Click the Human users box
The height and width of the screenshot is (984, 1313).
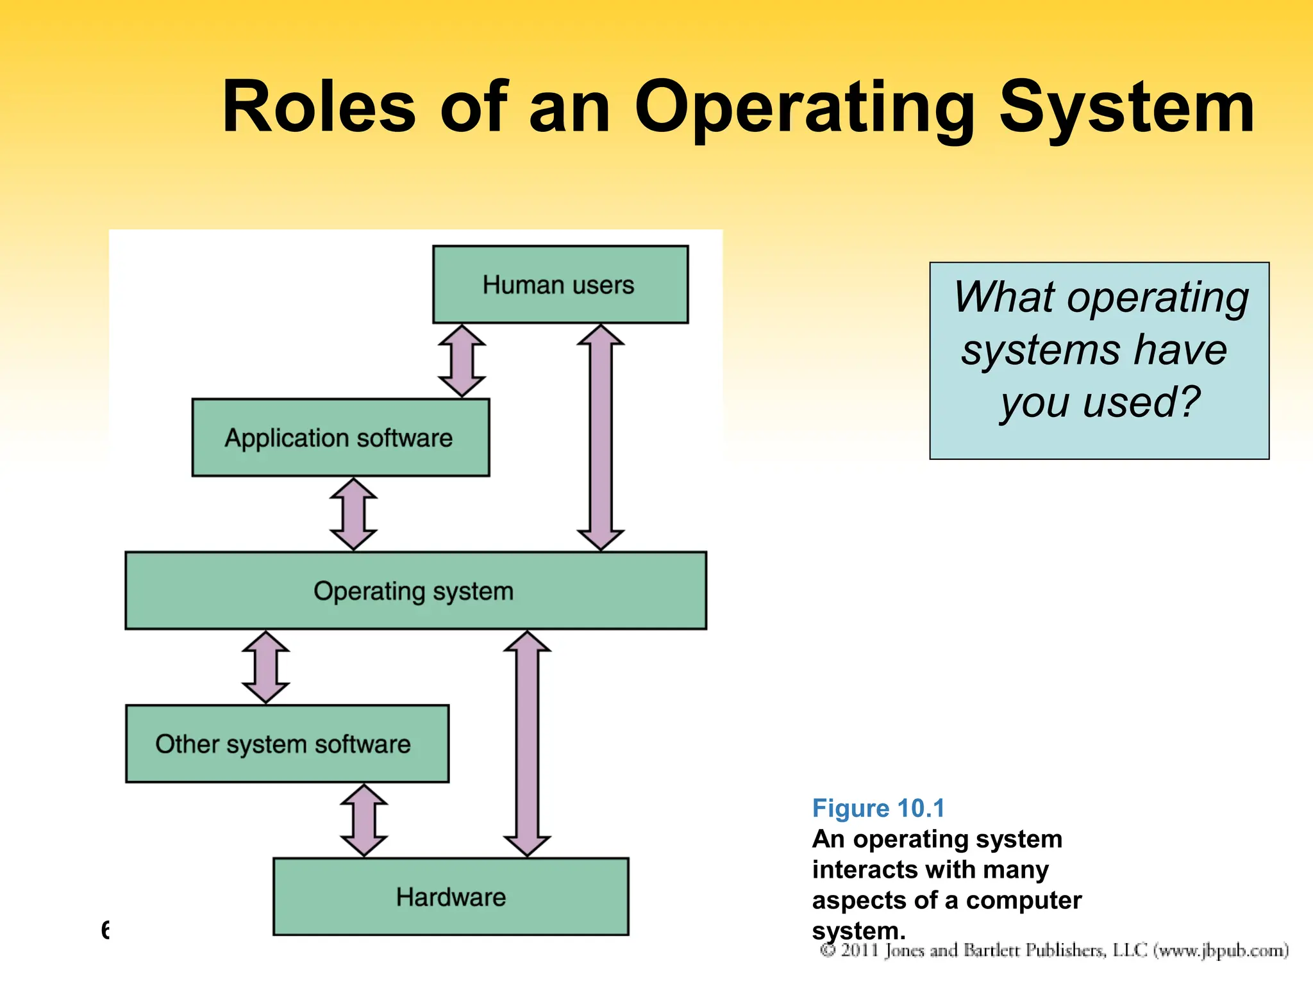560,284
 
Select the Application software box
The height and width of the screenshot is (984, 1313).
340,438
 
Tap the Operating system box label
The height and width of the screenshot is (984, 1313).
414,591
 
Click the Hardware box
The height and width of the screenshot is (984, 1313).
451,897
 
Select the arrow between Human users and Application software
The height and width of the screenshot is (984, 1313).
462,361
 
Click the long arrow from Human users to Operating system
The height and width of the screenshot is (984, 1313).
601,437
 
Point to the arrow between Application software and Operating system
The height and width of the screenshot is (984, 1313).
353,514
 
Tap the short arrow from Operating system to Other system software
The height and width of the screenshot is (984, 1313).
265,667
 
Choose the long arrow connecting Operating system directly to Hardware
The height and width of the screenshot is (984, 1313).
527,743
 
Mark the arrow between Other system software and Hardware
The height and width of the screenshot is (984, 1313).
364,820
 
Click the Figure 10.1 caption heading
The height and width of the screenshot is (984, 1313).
878,808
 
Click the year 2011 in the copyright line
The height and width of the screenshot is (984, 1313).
859,950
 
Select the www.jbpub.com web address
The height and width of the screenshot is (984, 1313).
1221,950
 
